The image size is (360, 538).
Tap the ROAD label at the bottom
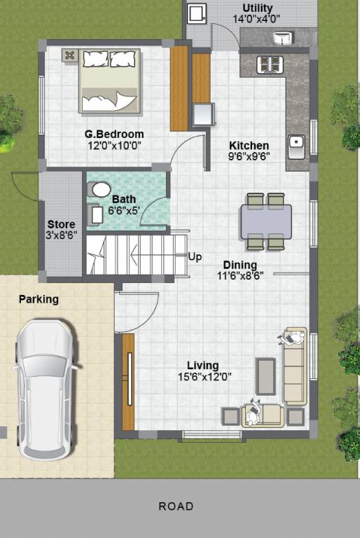click(x=176, y=506)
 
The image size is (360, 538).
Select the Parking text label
click(x=39, y=299)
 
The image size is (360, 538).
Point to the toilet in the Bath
click(x=101, y=189)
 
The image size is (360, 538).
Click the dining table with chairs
click(x=266, y=221)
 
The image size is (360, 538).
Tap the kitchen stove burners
click(x=270, y=64)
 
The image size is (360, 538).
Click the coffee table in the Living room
click(x=265, y=376)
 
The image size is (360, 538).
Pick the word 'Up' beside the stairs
click(x=195, y=257)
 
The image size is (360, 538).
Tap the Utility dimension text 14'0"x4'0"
click(x=258, y=20)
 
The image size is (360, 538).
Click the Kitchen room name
click(x=249, y=145)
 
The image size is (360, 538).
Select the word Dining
click(x=240, y=265)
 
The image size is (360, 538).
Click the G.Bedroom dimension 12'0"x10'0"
click(x=114, y=146)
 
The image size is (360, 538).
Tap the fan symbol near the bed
click(x=70, y=55)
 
